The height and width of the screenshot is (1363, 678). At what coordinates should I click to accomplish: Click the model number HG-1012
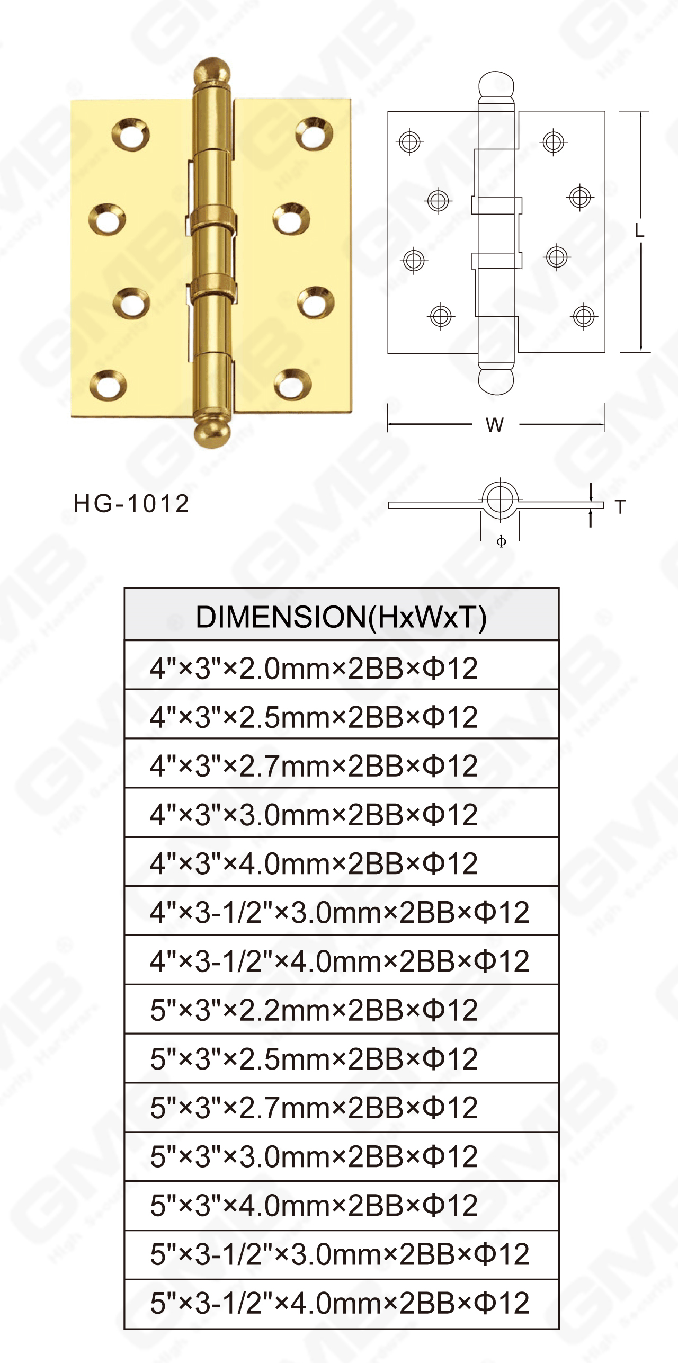pyautogui.click(x=131, y=503)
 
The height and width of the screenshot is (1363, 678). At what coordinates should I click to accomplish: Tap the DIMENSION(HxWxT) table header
pyautogui.click(x=341, y=617)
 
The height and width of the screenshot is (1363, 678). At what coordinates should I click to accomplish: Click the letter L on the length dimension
pyautogui.click(x=639, y=230)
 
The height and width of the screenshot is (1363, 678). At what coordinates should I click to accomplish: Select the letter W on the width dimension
pyautogui.click(x=495, y=425)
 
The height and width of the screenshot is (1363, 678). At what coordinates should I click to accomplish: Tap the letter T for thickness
pyautogui.click(x=620, y=507)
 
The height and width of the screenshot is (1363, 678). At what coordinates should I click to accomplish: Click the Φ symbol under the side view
pyautogui.click(x=501, y=541)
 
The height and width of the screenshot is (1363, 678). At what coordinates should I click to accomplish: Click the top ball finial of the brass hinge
pyautogui.click(x=212, y=72)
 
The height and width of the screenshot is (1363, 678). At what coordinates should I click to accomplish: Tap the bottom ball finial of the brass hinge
pyautogui.click(x=212, y=433)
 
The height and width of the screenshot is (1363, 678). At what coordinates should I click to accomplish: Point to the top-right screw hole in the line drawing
pyautogui.click(x=554, y=141)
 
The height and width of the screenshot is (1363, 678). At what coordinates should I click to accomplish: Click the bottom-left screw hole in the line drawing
pyautogui.click(x=441, y=316)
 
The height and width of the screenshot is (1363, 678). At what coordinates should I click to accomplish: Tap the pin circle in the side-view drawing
pyautogui.click(x=499, y=499)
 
